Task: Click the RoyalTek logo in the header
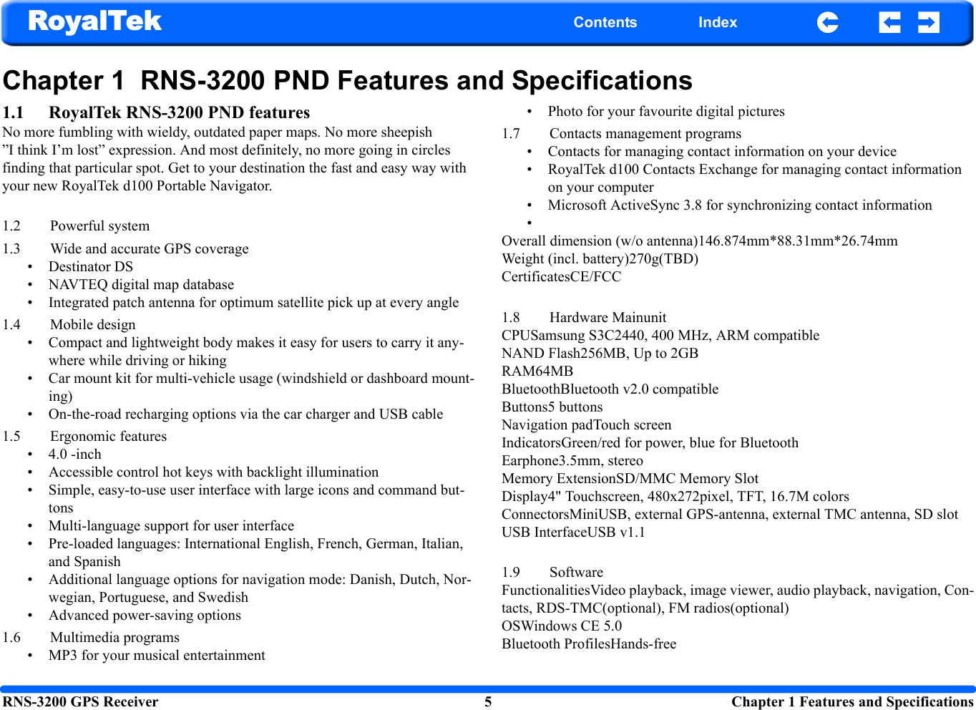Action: [95, 21]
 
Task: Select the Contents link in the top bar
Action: [605, 22]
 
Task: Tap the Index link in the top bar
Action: [717, 22]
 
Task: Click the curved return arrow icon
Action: [827, 22]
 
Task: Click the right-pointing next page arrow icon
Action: [928, 22]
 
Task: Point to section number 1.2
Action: [11, 226]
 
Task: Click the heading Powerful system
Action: [99, 226]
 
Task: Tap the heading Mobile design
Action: [92, 325]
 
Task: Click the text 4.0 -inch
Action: [74, 454]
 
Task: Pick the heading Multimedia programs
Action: [114, 638]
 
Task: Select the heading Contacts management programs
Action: [645, 134]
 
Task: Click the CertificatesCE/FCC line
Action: [561, 277]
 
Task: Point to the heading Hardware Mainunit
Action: [607, 318]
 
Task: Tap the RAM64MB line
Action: [537, 371]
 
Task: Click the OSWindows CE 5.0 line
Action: [561, 626]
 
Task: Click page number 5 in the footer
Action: [488, 702]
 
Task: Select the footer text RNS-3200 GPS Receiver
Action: [80, 702]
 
